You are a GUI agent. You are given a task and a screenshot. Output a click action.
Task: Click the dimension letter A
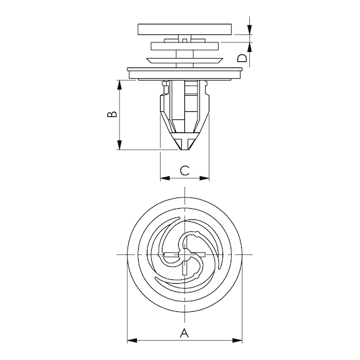(x=184, y=333)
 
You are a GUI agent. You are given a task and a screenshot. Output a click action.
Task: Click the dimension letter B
(x=112, y=114)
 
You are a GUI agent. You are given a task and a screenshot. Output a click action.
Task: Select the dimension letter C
(x=184, y=171)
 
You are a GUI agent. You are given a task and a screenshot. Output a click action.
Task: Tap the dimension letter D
(x=242, y=58)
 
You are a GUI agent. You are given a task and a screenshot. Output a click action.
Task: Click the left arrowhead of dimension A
(x=132, y=341)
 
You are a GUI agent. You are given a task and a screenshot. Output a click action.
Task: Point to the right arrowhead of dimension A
(x=237, y=341)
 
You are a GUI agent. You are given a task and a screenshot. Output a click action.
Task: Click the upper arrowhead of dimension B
(x=119, y=85)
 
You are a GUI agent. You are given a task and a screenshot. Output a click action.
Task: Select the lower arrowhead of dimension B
(x=119, y=145)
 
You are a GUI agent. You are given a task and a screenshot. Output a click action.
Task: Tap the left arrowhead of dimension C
(x=165, y=178)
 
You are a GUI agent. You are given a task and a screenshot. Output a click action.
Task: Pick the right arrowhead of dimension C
(x=204, y=178)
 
